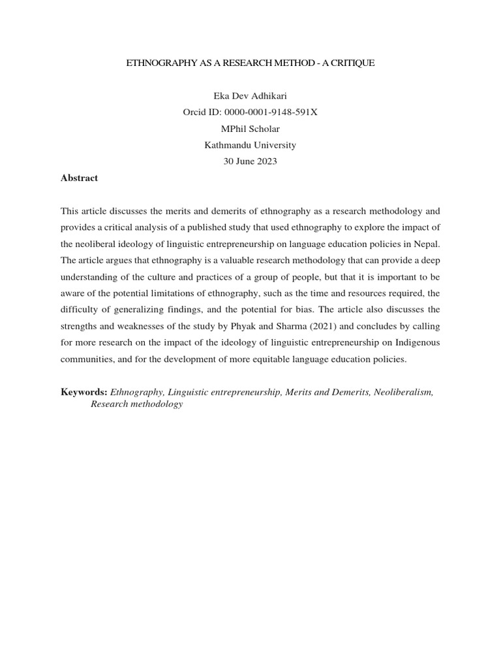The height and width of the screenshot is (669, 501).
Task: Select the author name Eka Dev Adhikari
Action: coord(250,96)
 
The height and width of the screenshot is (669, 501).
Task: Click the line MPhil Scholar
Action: coord(250,129)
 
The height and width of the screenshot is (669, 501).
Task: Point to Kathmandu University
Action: coord(250,145)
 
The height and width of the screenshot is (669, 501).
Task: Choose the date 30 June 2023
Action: coord(250,161)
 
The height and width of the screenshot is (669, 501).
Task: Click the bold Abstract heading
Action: coord(79,178)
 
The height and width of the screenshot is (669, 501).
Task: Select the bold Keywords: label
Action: coord(84,392)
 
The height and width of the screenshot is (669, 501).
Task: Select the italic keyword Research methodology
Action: coord(136,404)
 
